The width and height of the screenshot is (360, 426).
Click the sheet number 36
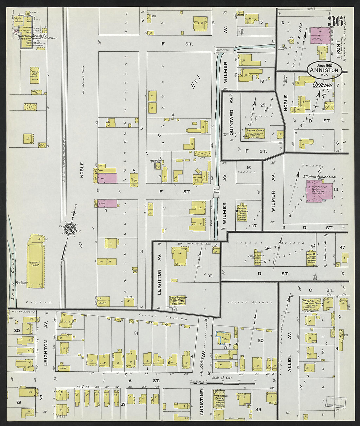(x=335, y=22)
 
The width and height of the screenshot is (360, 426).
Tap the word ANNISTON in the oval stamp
(x=324, y=70)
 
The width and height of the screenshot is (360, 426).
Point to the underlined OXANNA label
(x=322, y=85)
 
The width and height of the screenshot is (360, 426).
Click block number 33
(x=209, y=276)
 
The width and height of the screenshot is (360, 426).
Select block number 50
(x=261, y=341)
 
